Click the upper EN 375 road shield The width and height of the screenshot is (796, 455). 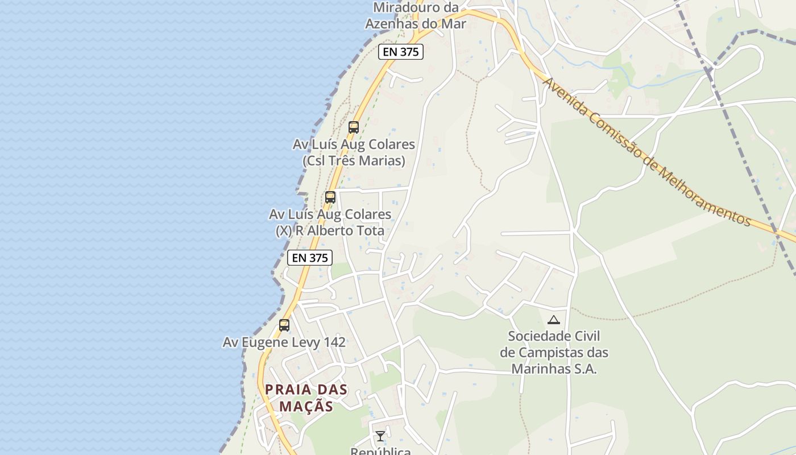(401, 52)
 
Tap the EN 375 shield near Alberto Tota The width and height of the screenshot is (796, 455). (309, 258)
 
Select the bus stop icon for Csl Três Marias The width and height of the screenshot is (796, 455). (354, 127)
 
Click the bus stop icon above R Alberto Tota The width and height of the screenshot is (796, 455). (330, 197)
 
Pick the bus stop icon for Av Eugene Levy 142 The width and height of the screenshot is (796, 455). (284, 325)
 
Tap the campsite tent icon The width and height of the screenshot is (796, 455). (554, 320)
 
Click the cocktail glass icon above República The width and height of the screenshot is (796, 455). (380, 436)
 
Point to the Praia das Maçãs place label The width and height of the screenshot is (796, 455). (306, 398)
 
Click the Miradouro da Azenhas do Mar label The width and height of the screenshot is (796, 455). (416, 15)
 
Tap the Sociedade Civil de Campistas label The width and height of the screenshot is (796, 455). (554, 352)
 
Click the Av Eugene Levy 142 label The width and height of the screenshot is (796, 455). (284, 342)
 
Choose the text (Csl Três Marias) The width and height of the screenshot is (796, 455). (354, 161)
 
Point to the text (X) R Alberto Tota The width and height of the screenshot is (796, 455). (330, 231)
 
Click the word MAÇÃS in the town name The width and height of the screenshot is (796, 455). (306, 406)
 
